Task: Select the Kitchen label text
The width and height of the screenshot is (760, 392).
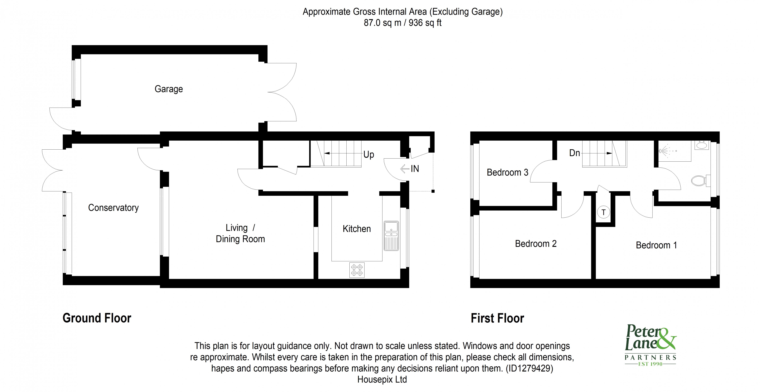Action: tap(356, 229)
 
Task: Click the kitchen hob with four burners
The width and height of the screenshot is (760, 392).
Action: tap(357, 270)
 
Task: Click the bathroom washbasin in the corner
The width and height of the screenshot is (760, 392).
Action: tap(701, 145)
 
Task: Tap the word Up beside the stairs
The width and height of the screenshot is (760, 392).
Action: tap(368, 155)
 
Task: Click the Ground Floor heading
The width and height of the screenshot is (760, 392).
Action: tap(97, 318)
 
